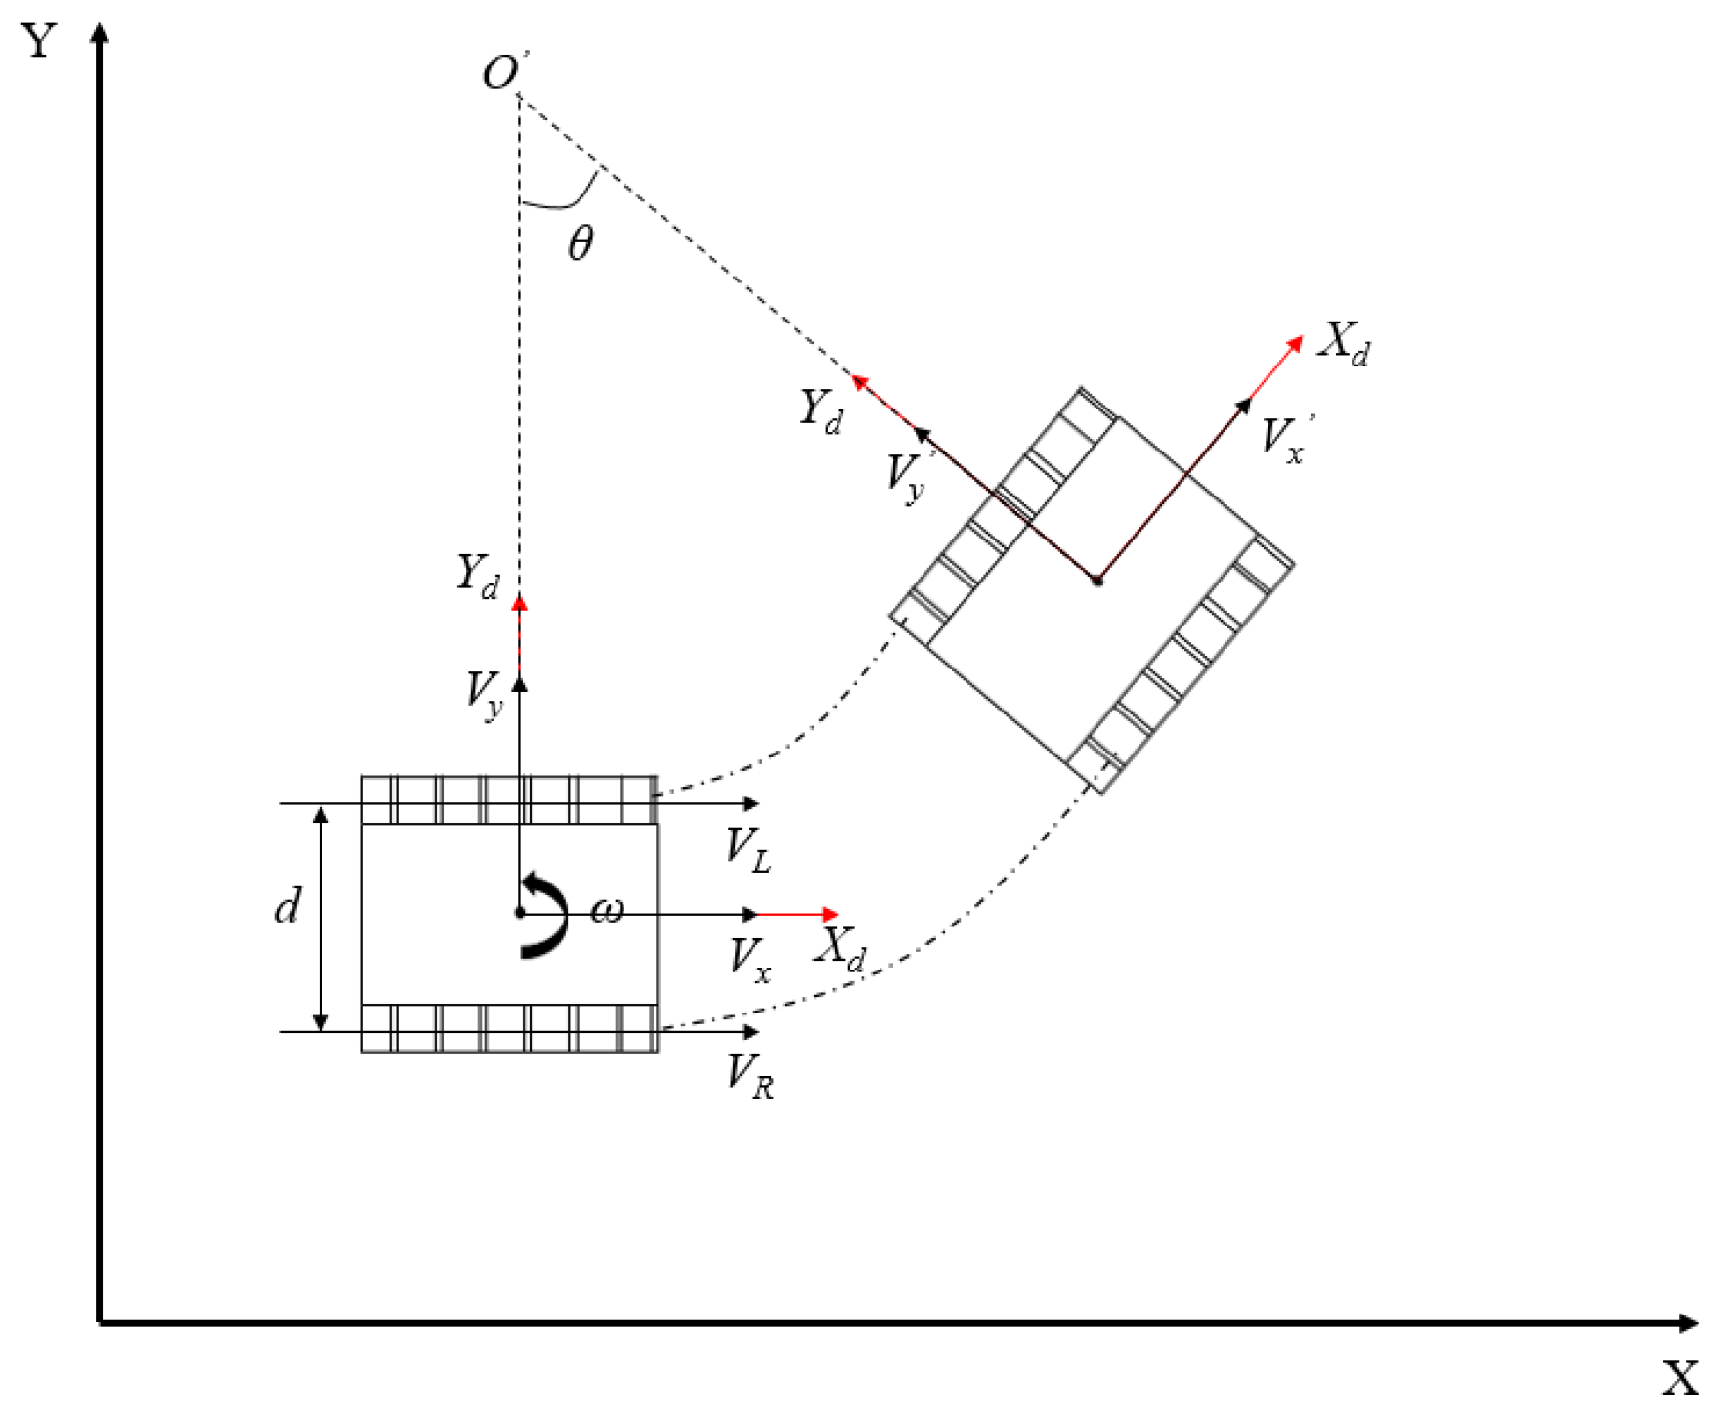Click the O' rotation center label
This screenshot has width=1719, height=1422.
[x=502, y=73]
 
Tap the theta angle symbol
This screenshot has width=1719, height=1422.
[x=580, y=242]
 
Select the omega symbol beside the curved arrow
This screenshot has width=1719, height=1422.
[x=607, y=911]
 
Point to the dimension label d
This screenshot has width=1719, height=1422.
[x=286, y=907]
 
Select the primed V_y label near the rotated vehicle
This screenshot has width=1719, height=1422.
[x=906, y=477]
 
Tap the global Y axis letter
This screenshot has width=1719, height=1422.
[x=39, y=41]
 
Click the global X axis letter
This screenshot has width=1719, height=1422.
[x=1680, y=1379]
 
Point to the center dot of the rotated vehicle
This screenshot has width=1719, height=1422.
[x=1097, y=581]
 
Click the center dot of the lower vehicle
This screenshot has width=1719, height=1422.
[x=520, y=913]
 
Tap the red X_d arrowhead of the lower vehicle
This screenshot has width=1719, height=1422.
[x=831, y=915]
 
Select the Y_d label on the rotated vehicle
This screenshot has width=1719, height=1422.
[x=821, y=409]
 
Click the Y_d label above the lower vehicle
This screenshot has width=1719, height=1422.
[x=478, y=576]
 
